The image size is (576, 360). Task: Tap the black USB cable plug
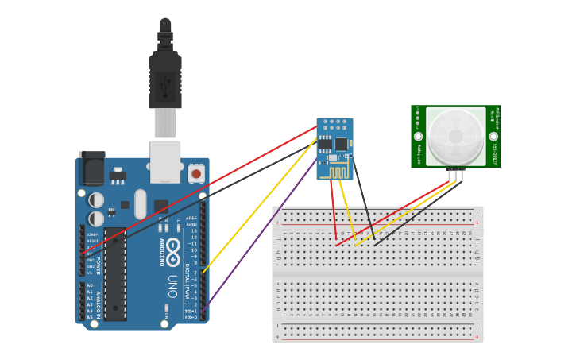[x=165, y=79]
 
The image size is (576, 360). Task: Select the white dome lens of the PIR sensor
[x=455, y=136]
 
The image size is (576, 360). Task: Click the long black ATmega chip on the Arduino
[x=114, y=274]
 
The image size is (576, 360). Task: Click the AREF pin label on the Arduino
[x=191, y=218]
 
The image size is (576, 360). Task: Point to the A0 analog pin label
[x=89, y=285]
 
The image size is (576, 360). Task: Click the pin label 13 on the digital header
[x=193, y=230]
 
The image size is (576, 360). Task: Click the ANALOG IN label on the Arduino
[x=98, y=303]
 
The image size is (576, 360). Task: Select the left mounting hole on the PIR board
[x=419, y=136]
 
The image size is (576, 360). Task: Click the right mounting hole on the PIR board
[x=493, y=136]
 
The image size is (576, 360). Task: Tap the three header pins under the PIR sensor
[x=455, y=175]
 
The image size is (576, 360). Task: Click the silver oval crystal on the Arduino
[x=141, y=204]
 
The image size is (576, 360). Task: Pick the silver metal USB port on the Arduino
[x=165, y=161]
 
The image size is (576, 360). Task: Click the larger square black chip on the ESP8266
[x=341, y=144]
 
